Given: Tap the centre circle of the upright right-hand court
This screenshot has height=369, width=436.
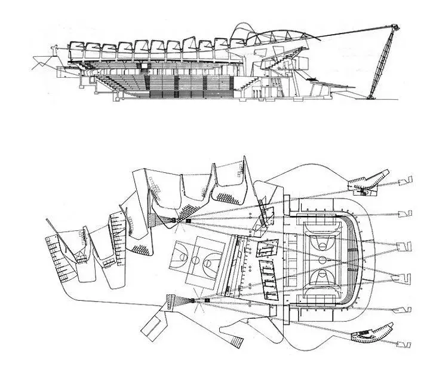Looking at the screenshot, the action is [323, 260].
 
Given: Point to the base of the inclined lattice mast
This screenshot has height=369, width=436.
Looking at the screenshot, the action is [372, 94].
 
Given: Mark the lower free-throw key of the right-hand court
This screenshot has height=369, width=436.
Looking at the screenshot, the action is [323, 288].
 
